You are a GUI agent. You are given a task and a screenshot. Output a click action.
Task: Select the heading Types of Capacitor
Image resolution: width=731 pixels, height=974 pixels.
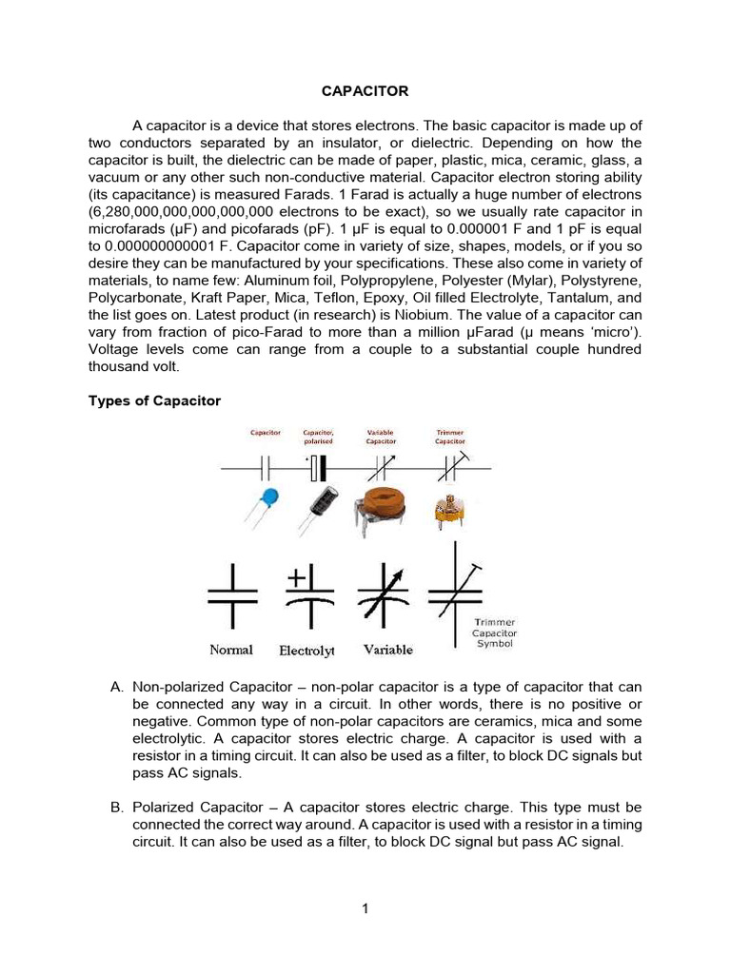tap(154, 400)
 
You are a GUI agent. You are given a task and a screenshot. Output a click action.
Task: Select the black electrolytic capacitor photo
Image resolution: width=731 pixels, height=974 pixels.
tap(322, 505)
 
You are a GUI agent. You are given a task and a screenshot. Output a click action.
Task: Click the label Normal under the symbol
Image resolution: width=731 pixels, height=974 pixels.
tap(231, 650)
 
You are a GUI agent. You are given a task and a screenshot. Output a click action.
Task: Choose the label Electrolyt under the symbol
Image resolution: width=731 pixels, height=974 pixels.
tap(306, 652)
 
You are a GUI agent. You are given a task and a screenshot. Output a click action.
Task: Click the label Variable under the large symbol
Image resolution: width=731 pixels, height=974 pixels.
tap(387, 650)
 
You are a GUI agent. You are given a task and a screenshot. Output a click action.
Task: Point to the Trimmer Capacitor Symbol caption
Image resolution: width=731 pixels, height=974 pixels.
tap(494, 633)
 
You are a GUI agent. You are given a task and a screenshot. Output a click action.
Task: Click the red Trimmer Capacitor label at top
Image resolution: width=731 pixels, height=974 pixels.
tap(449, 437)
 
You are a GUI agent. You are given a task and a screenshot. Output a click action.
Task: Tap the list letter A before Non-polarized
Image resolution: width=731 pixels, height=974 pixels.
tap(116, 687)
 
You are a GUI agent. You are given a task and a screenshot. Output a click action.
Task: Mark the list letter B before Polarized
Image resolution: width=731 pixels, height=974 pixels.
tap(116, 807)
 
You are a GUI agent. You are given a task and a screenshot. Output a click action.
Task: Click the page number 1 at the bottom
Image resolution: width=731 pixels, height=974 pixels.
tap(365, 908)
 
